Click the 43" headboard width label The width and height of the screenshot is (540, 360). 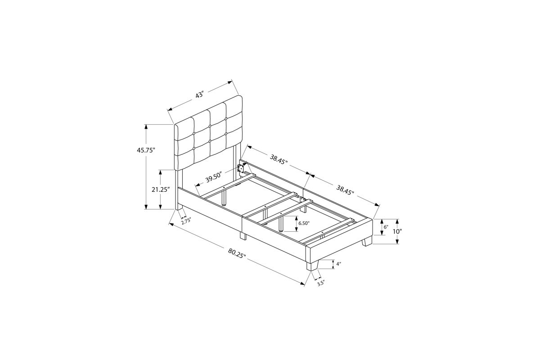pos(199,94)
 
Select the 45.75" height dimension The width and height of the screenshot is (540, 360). pos(146,150)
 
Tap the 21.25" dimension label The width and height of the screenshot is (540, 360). pos(159,189)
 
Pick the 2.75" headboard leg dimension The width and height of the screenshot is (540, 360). pos(186,221)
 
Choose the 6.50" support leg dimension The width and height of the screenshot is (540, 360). pos(304,223)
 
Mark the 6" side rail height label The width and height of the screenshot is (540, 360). pos(386,227)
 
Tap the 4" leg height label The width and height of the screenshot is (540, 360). pos(339,264)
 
